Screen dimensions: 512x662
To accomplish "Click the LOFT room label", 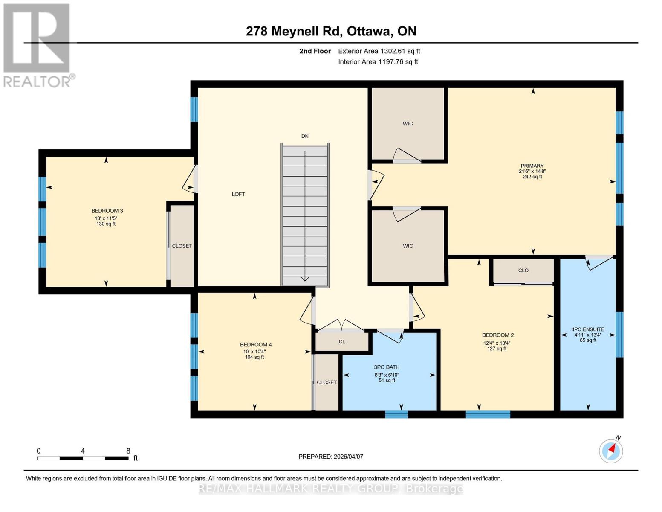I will pos(238,194).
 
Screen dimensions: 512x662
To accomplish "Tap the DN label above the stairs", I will pos(305,136).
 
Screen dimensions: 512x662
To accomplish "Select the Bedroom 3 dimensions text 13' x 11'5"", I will pos(106,218).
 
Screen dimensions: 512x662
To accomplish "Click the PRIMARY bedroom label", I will pos(532,166).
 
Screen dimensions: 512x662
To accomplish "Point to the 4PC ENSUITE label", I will pos(588,329).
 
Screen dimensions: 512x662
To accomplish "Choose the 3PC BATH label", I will pos(387,367).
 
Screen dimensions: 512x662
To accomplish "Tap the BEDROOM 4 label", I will pos(255,345).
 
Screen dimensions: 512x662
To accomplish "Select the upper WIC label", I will pos(408,124).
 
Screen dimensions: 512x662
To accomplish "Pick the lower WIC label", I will pos(408,246).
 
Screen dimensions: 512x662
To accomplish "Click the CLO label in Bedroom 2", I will pos(523,271).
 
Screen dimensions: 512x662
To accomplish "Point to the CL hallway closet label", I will pos(342,342).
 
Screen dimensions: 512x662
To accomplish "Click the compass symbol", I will pos(611,451).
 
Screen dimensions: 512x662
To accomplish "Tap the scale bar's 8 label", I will pos(128,451).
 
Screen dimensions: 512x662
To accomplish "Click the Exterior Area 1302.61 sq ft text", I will pos(379,51).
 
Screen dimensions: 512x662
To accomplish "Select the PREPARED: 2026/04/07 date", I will pos(331,457).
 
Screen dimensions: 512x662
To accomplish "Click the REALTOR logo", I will pos(38,45).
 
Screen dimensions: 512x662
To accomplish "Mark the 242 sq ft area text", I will pos(532,177).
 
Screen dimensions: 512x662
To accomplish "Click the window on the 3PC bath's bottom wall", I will pos(396,414).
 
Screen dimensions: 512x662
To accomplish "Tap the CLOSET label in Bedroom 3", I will pos(182,246).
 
